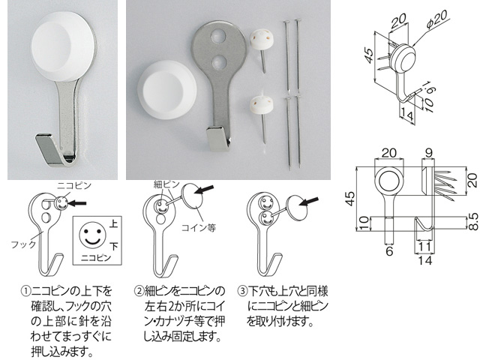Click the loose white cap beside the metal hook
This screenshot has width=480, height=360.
pyautogui.click(x=166, y=89)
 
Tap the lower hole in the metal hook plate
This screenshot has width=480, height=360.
pyautogui.click(x=218, y=61)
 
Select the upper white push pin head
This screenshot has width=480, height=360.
pyautogui.click(x=262, y=40)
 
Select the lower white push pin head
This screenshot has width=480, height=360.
pyautogui.click(x=262, y=105)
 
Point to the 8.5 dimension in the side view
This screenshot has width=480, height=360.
pyautogui.click(x=473, y=221)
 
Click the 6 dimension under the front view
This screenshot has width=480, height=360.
pyautogui.click(x=389, y=251)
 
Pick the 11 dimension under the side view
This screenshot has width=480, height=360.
pyautogui.click(x=425, y=247)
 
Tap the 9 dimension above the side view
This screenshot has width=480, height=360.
pyautogui.click(x=428, y=153)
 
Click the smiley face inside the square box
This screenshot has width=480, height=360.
pyautogui.click(x=92, y=234)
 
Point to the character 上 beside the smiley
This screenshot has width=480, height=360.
pyautogui.click(x=113, y=223)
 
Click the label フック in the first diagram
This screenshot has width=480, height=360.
pyautogui.click(x=23, y=244)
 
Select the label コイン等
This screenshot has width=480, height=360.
pyautogui.click(x=199, y=228)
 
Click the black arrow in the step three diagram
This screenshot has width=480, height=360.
pyautogui.click(x=308, y=202)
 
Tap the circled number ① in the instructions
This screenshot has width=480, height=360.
pyautogui.click(x=25, y=291)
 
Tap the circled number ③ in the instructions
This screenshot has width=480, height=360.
pyautogui.click(x=242, y=291)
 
